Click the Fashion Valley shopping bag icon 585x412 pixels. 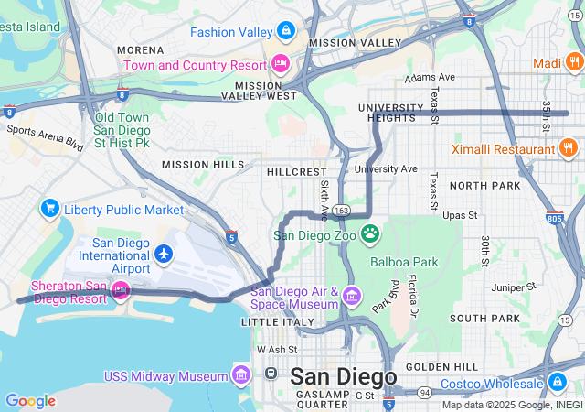pyautogui.click(x=286, y=31)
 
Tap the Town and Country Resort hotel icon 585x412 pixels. pyautogui.click(x=280, y=63)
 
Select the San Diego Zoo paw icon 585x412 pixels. pyautogui.click(x=369, y=233)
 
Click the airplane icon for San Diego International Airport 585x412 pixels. pyautogui.click(x=164, y=253)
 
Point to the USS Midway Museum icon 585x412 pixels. pyautogui.click(x=241, y=375)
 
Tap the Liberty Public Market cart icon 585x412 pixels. pyautogui.click(x=49, y=209)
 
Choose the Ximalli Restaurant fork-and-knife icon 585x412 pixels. pyautogui.click(x=568, y=147)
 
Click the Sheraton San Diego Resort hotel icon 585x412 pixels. pyautogui.click(x=120, y=291)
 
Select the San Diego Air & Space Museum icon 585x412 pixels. pyautogui.click(x=352, y=297)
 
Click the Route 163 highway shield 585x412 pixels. pyautogui.click(x=341, y=210)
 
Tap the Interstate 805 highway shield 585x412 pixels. pyautogui.click(x=552, y=218)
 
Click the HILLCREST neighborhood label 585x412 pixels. pyautogui.click(x=296, y=172)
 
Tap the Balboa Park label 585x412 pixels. pyautogui.click(x=404, y=262)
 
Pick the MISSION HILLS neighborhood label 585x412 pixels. pyautogui.click(x=203, y=165)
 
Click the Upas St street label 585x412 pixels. pyautogui.click(x=460, y=216)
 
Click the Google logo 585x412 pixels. pyautogui.click(x=30, y=400)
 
